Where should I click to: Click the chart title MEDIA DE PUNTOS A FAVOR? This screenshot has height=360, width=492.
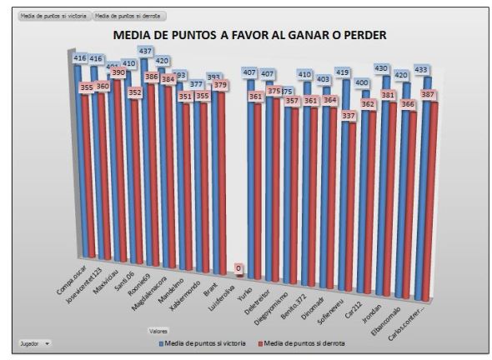249,35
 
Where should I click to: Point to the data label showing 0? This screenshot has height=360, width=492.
238,268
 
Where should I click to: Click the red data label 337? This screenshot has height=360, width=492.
351,116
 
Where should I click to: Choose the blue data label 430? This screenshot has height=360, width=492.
381,68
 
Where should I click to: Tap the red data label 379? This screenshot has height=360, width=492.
220,84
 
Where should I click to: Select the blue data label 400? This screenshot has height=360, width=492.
360,82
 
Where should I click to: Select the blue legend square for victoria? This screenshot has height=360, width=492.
162,342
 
